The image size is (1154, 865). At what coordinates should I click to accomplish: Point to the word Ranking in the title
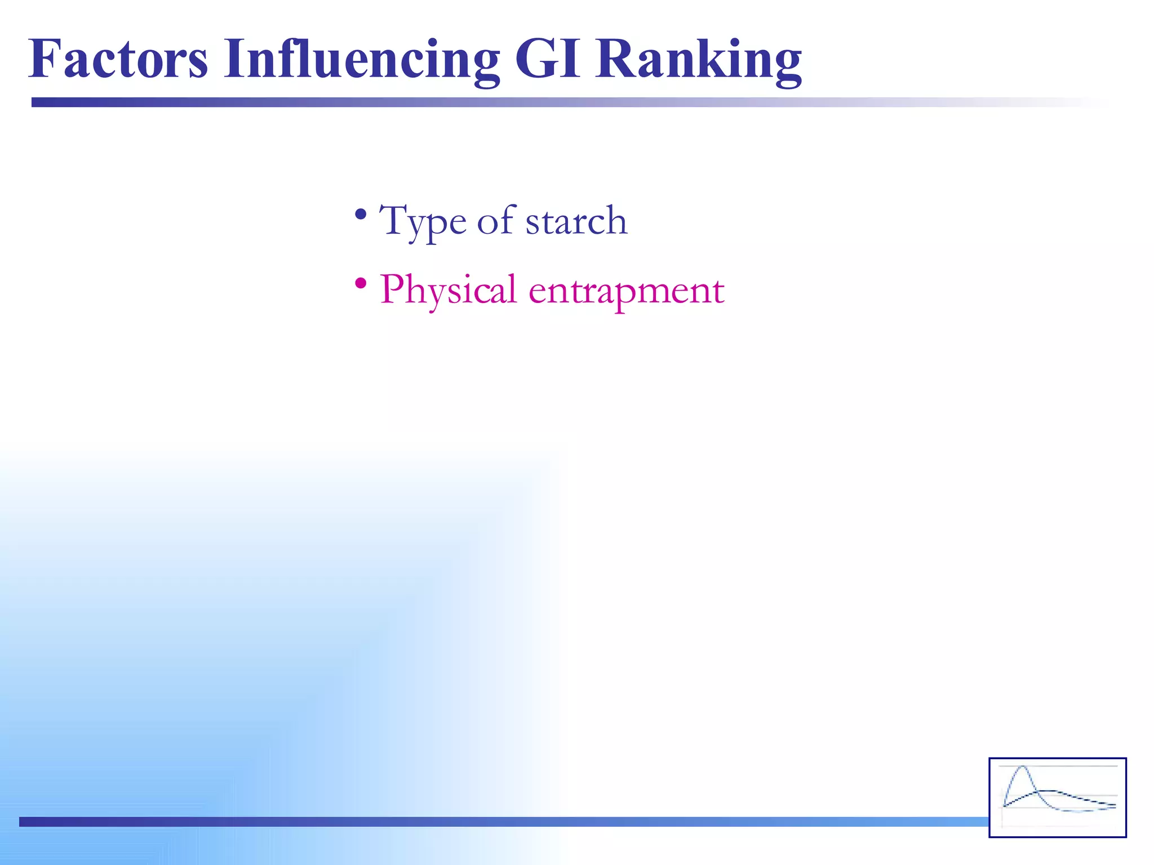point(699,61)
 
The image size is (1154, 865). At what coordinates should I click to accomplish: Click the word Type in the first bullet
point(423,221)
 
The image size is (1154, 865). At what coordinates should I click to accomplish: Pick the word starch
point(576,221)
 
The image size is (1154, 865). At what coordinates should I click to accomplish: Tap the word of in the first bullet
point(496,220)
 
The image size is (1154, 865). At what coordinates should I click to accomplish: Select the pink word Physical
point(448,291)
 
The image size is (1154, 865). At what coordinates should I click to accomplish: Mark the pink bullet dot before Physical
point(361,283)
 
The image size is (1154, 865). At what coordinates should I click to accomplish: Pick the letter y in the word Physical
point(434,295)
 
